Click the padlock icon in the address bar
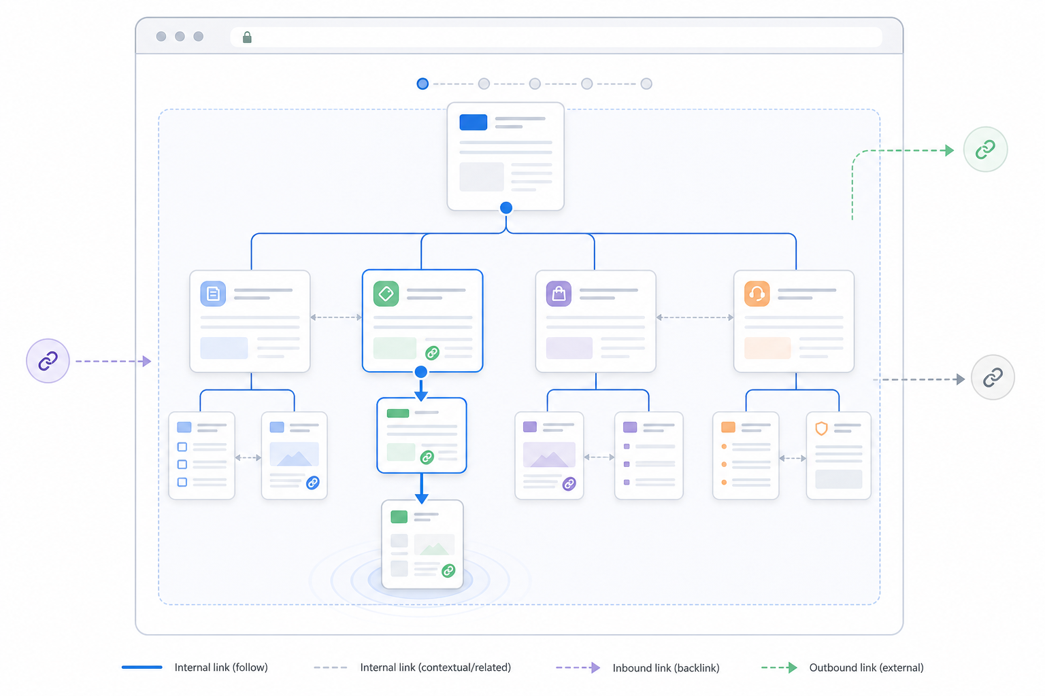[x=247, y=37]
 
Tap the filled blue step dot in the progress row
[x=422, y=84]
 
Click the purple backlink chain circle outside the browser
[x=48, y=361]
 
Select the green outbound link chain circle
[x=985, y=149]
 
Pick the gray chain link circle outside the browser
[x=993, y=377]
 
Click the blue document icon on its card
[x=213, y=294]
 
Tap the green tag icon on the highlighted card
[x=386, y=294]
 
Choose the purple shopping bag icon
[x=559, y=294]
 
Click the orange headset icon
[x=757, y=294]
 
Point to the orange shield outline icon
[x=822, y=428]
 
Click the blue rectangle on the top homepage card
[x=473, y=122]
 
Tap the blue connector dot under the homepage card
[x=506, y=207]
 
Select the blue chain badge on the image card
[x=312, y=483]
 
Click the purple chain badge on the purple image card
[x=569, y=484]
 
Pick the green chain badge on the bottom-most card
[x=448, y=571]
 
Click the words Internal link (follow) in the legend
[x=221, y=667]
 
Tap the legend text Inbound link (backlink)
[x=666, y=668]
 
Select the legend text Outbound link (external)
[x=866, y=667]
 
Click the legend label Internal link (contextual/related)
[x=435, y=667]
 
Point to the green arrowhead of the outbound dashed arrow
[x=949, y=151]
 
